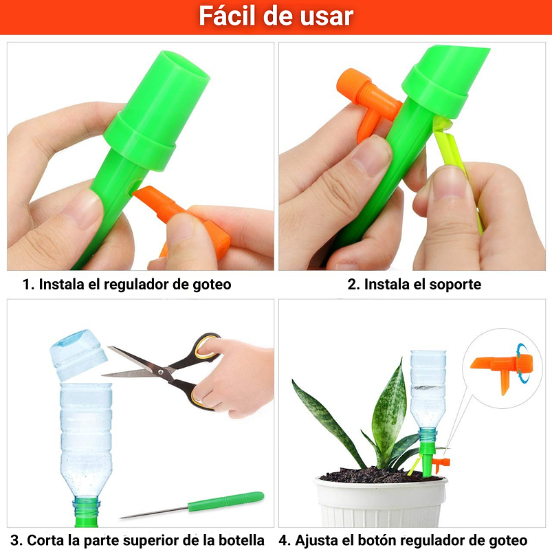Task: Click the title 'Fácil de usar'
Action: [x=276, y=16]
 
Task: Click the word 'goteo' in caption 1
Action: [x=210, y=285]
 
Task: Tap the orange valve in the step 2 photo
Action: [x=364, y=96]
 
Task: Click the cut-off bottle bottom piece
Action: [x=78, y=354]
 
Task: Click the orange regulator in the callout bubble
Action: [x=498, y=368]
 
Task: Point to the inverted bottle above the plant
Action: [x=428, y=388]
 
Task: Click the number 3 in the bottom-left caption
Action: [x=14, y=540]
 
